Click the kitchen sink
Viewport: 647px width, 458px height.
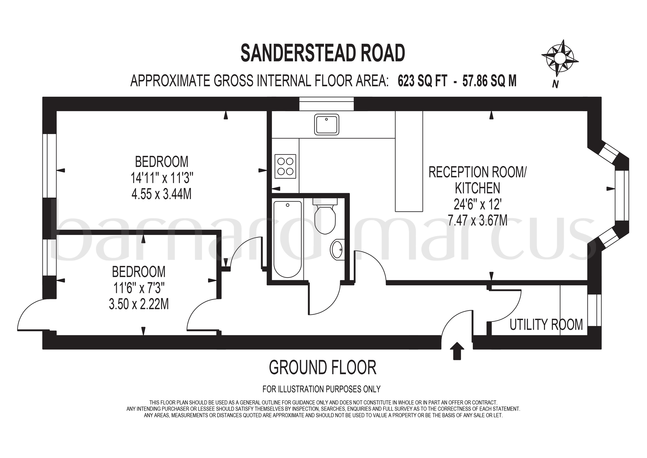pos(326,124)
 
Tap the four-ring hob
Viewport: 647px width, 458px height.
pos(285,166)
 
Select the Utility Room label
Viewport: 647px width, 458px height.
pos(546,325)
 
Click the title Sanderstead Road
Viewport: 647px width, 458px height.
pos(323,53)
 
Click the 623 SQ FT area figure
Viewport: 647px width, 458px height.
pos(422,81)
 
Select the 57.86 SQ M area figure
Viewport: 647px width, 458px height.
pos(490,81)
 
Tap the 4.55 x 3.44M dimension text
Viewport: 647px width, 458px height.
pos(161,194)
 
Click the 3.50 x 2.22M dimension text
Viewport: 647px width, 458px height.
pos(139,304)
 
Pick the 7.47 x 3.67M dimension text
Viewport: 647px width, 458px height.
pos(477,220)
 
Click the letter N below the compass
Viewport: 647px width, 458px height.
pos(556,84)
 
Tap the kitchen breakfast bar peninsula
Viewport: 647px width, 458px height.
pos(409,161)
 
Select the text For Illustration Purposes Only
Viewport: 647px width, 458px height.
pos(321,389)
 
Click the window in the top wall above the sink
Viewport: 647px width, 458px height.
pos(326,104)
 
